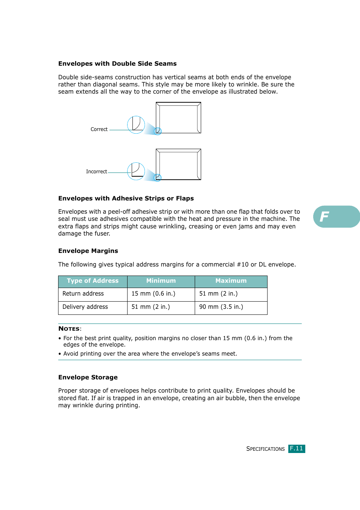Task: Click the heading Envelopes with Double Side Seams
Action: click(x=117, y=64)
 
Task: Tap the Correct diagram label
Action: click(x=99, y=129)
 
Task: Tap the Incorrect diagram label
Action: click(x=96, y=172)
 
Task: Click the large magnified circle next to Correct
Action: click(x=136, y=125)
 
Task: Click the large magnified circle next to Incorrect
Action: click(x=136, y=171)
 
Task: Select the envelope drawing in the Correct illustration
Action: click(x=178, y=118)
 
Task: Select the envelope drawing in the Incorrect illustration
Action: click(x=178, y=164)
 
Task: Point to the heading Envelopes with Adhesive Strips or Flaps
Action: click(x=126, y=199)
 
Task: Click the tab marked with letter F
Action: click(x=336, y=217)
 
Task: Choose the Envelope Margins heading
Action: click(x=88, y=251)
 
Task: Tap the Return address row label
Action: click(x=83, y=294)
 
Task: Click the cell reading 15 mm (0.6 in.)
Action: click(x=153, y=294)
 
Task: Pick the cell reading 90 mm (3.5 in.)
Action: click(x=221, y=307)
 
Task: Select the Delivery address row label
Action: click(x=85, y=307)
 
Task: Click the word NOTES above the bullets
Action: click(x=69, y=329)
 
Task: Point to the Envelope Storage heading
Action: click(x=88, y=377)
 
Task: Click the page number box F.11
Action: click(x=297, y=448)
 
